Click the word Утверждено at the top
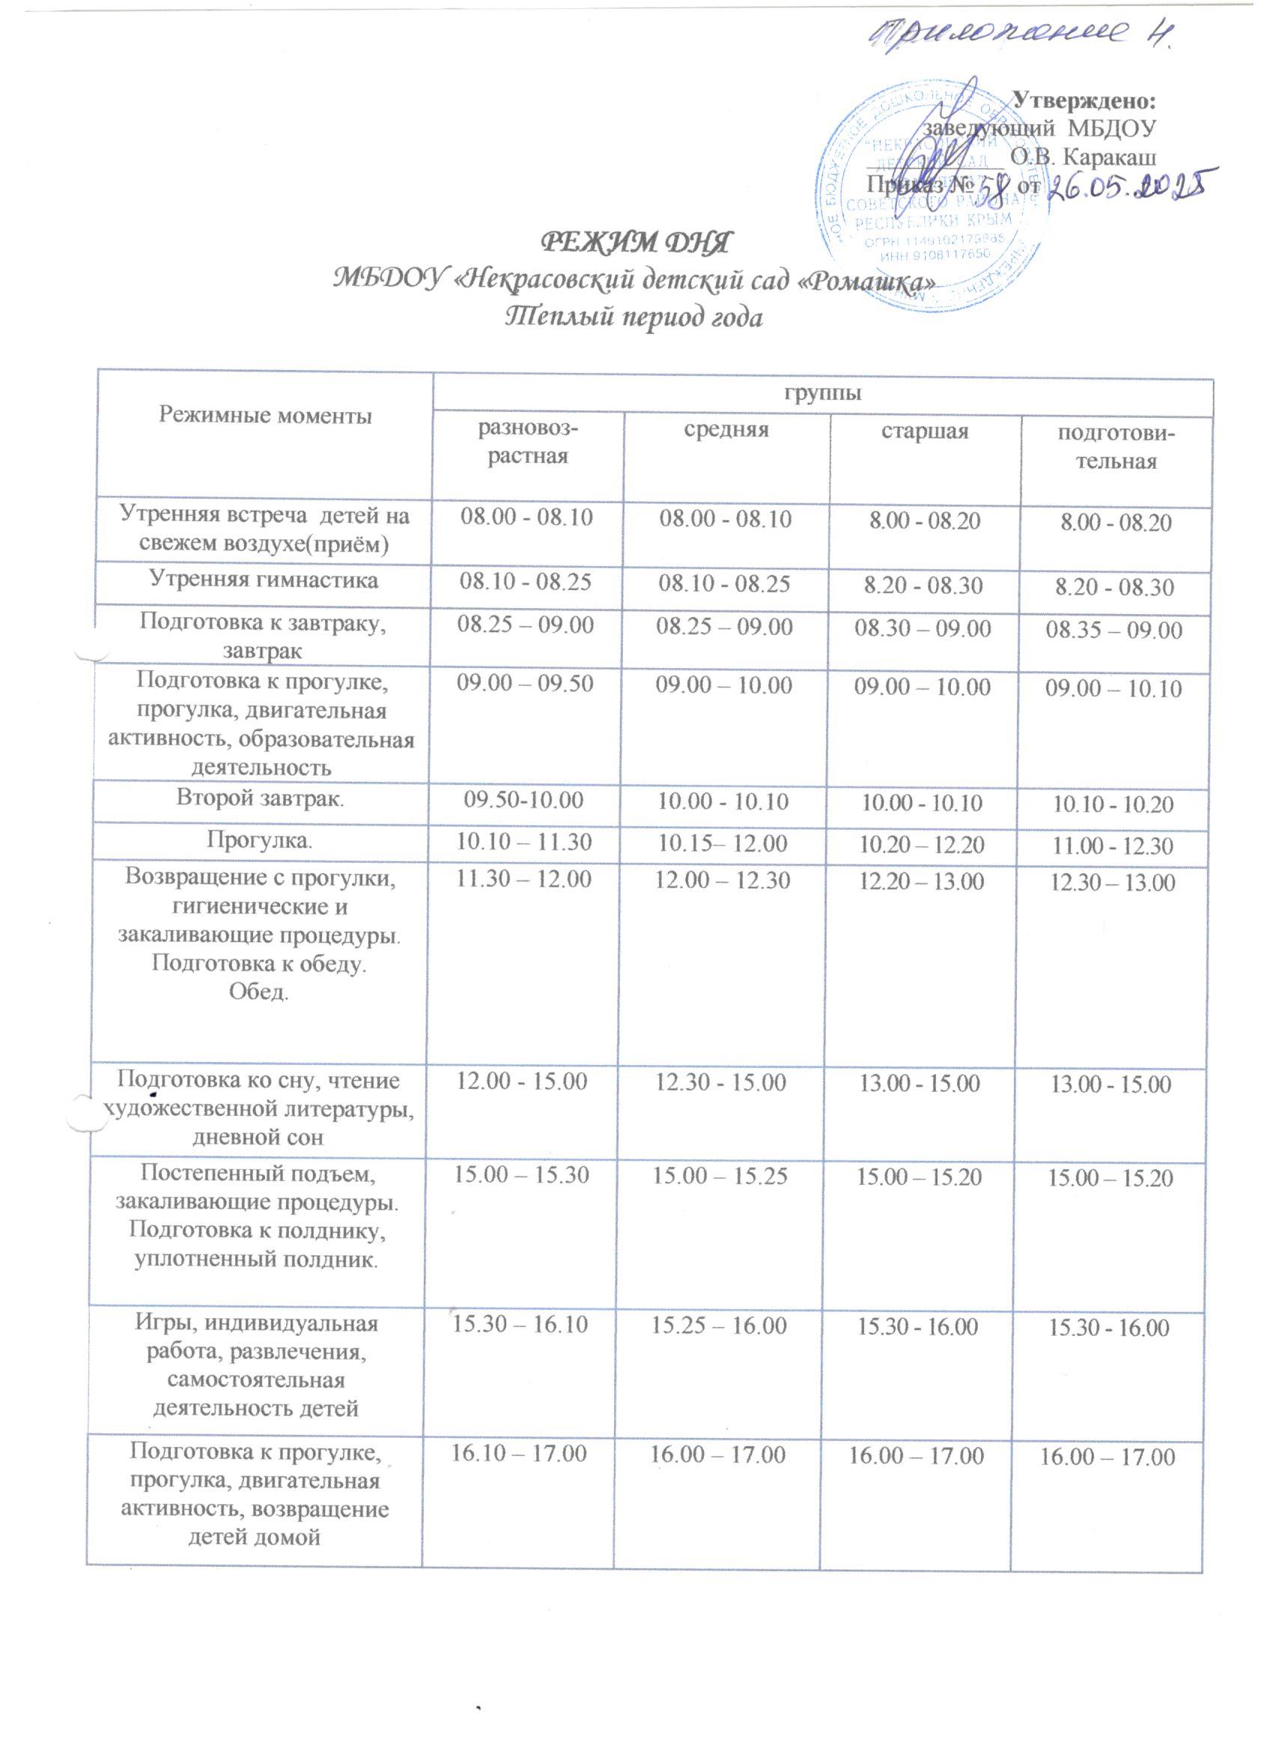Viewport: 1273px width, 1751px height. [x=1084, y=100]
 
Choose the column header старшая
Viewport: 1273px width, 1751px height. [x=924, y=431]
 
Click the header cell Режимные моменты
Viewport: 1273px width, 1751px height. [x=265, y=417]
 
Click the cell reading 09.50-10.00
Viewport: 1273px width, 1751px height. [x=525, y=804]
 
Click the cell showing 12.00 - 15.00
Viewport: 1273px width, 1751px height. [x=525, y=1081]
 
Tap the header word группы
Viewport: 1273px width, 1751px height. [x=822, y=394]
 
